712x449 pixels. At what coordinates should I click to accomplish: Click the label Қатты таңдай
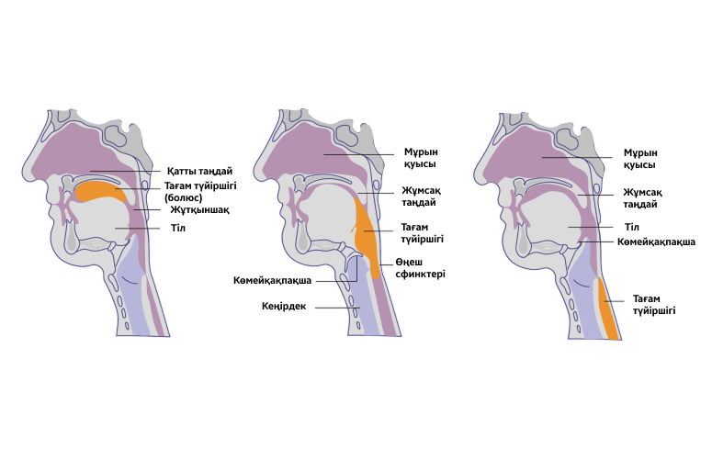coord(199,172)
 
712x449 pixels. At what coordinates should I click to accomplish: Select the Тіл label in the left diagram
coord(178,228)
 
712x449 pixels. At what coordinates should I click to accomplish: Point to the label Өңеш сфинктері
coord(422,267)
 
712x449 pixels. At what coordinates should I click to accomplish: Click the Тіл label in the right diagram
coord(631,227)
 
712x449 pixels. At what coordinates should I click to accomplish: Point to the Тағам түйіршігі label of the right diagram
coord(654,305)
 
